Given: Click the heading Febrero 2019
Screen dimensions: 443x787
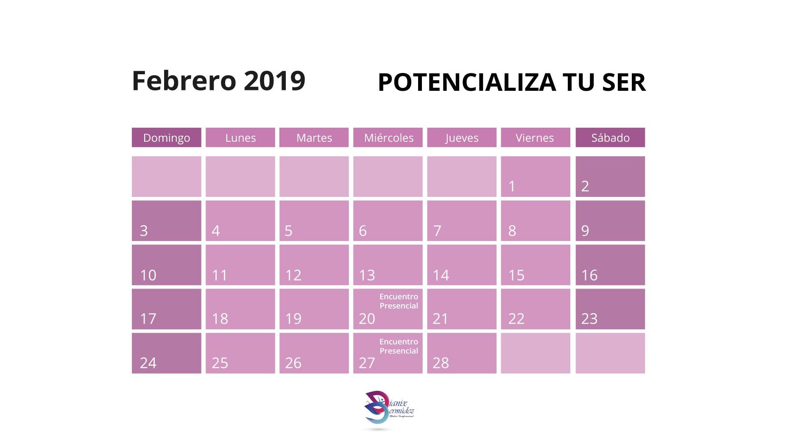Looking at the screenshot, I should click(218, 81).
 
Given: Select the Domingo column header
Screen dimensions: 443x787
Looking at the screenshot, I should click(167, 137).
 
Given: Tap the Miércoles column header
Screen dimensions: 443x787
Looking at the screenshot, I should click(388, 137).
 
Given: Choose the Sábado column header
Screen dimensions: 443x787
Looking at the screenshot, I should click(610, 137).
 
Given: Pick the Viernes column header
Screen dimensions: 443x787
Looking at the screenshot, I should click(536, 137).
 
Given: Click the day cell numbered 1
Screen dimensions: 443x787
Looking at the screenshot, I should click(536, 177).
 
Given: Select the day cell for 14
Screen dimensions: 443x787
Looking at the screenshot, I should click(462, 265).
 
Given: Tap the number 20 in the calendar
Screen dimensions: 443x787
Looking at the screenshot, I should click(367, 319).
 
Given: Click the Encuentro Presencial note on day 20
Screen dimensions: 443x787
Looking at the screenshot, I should click(399, 301).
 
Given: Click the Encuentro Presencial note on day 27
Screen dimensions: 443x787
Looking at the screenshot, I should click(399, 346).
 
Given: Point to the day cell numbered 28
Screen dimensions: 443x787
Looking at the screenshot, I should click(462, 353).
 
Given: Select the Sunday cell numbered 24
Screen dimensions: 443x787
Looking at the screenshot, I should click(167, 353).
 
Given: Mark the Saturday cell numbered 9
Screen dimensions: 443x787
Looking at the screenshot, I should click(610, 221).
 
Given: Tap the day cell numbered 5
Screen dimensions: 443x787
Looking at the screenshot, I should click(314, 221).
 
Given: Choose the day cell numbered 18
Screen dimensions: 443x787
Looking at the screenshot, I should click(240, 309).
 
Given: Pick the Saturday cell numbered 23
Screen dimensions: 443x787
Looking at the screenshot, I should click(610, 309).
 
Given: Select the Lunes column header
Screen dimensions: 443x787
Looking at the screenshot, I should click(240, 137).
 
